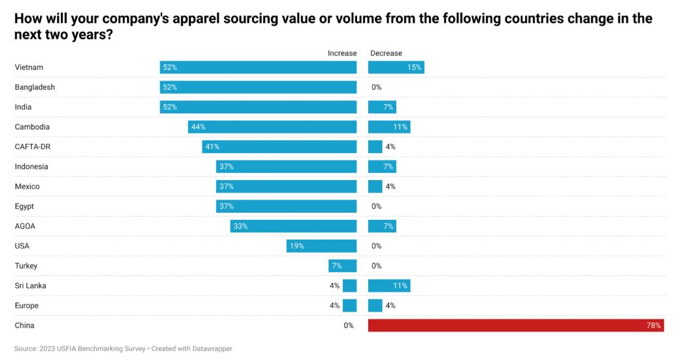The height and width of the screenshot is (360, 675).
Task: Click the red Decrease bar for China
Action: coord(516,325)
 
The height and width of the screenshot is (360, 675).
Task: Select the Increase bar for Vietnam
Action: coord(258,67)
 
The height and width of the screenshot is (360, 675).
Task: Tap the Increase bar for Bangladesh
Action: coord(258,87)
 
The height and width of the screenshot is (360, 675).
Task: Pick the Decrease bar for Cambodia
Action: coord(389,127)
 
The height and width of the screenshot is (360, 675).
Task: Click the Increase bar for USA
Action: coord(322,246)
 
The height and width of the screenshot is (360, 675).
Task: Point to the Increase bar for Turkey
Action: coord(343,266)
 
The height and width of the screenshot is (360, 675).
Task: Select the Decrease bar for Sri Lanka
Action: coord(389,286)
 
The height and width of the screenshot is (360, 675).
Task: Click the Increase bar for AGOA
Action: coord(294,226)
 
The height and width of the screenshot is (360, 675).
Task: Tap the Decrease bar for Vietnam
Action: coord(396,67)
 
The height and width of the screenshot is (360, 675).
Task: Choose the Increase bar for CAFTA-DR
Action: coord(279,147)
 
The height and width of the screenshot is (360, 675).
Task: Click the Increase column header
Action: coord(342,53)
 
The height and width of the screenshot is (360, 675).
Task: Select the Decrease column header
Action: coord(386,53)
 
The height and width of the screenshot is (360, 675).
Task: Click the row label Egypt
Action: coord(24,206)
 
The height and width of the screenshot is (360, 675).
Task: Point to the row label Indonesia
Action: coord(31,166)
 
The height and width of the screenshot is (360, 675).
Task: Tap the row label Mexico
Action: coord(27,187)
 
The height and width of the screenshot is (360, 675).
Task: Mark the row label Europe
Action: coord(27,306)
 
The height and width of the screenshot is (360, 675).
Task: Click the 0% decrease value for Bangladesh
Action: coord(376,87)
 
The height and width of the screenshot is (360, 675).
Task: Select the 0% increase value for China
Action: coord(349,325)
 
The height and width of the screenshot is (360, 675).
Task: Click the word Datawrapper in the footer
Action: coord(211,349)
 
